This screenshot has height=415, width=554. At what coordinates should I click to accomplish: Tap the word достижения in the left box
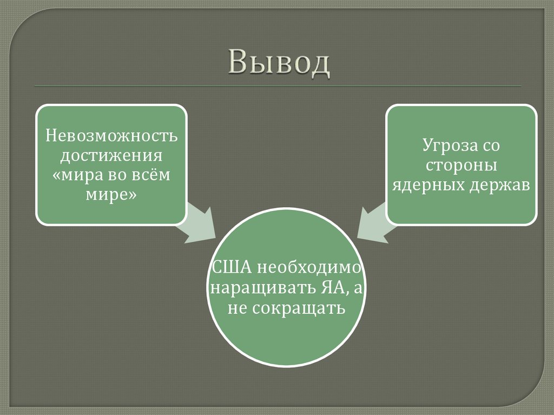pos(111,155)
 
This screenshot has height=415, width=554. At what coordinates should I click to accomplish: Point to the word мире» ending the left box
pos(111,196)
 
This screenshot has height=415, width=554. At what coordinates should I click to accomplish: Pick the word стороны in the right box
pos(461,166)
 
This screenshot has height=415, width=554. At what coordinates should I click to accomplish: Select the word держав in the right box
pos(498,186)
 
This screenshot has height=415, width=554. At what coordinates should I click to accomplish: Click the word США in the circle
pos(232,267)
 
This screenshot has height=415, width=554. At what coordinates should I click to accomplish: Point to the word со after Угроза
pos(489,146)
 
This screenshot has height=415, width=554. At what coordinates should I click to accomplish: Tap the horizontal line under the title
pos(278,86)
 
